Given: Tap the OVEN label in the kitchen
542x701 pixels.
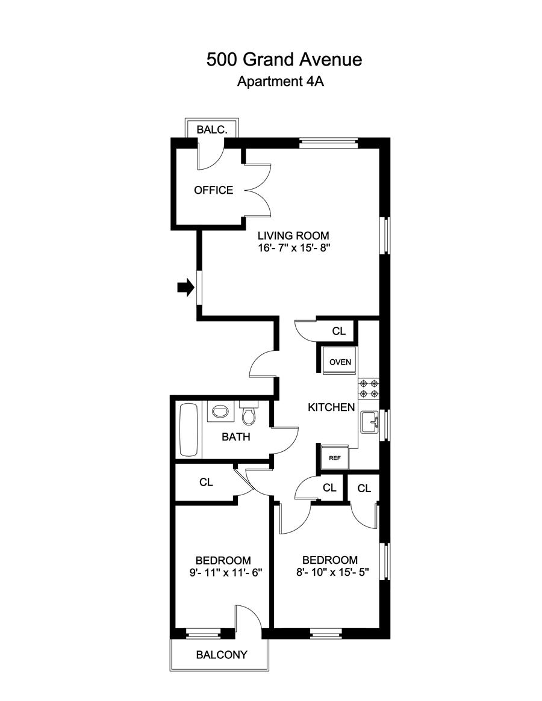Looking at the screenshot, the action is [340, 362].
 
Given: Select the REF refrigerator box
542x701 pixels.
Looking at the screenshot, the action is [334, 457].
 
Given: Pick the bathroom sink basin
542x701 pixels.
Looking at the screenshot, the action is [220, 413].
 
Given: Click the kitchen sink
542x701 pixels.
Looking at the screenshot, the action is [369, 423].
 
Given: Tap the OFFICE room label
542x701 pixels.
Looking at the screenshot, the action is [213, 190].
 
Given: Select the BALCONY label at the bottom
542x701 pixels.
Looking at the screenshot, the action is [222, 655].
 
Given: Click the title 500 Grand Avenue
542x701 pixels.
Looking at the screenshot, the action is [284, 60].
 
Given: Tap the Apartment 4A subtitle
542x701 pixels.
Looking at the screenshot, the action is [281, 82].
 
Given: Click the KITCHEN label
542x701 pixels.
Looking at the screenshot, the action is [331, 407].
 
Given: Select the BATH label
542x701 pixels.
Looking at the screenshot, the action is [236, 437].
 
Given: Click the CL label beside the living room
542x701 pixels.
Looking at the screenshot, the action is [339, 331].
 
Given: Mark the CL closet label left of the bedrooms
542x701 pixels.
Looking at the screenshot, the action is [206, 482].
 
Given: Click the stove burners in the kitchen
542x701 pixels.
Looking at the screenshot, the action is [368, 388].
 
